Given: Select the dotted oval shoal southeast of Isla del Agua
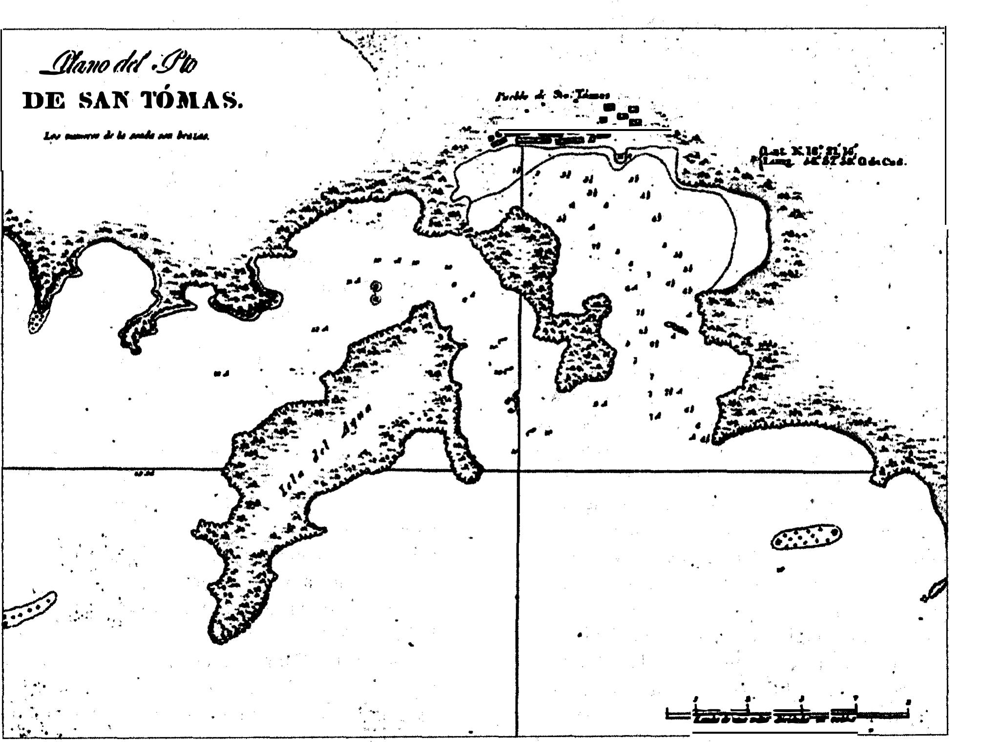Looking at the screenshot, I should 806,537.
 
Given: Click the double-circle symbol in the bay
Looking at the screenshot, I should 375,292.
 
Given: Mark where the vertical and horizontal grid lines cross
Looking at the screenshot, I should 519,471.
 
